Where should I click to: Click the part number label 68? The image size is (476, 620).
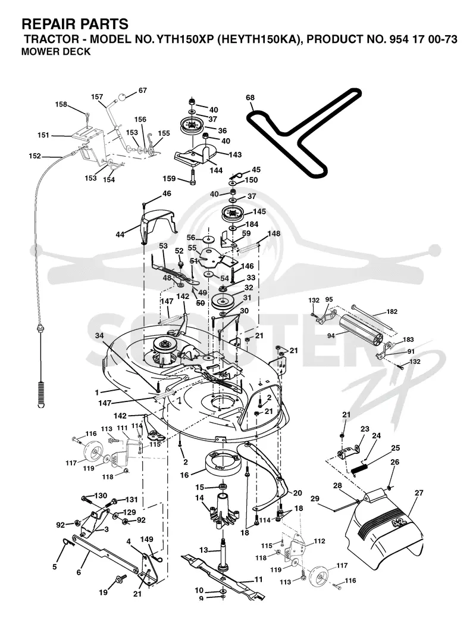pos(250,98)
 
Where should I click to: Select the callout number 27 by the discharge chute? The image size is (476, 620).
pos(419,493)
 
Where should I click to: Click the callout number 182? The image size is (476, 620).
pos(392,311)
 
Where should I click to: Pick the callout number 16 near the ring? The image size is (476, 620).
pos(184,475)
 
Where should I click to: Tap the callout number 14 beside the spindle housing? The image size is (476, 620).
pos(199,498)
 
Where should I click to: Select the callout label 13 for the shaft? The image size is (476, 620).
pos(203,550)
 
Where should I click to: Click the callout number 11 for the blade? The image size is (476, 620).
pos(258,580)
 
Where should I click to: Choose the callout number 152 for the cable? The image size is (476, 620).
pos(35,156)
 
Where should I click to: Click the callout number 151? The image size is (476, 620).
pos(43,135)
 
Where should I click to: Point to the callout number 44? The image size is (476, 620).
pos(120,235)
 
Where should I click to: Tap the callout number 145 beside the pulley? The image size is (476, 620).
pos(259,211)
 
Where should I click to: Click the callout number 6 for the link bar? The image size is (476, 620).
pos(79,572)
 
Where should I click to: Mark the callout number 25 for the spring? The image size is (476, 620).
pos(396,448)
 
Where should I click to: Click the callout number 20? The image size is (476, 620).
pos(297,493)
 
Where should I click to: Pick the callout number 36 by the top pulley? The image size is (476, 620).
pos(222,130)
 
